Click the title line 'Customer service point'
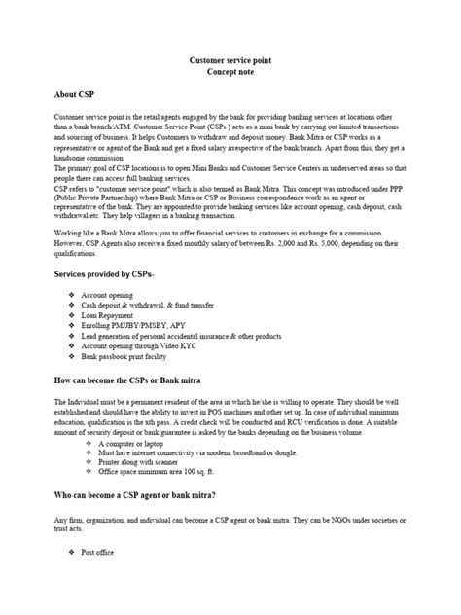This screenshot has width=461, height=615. [230, 60]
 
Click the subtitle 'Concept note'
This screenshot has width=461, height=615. [230, 73]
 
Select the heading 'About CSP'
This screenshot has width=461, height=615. [78, 96]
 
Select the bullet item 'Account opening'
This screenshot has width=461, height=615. [108, 293]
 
